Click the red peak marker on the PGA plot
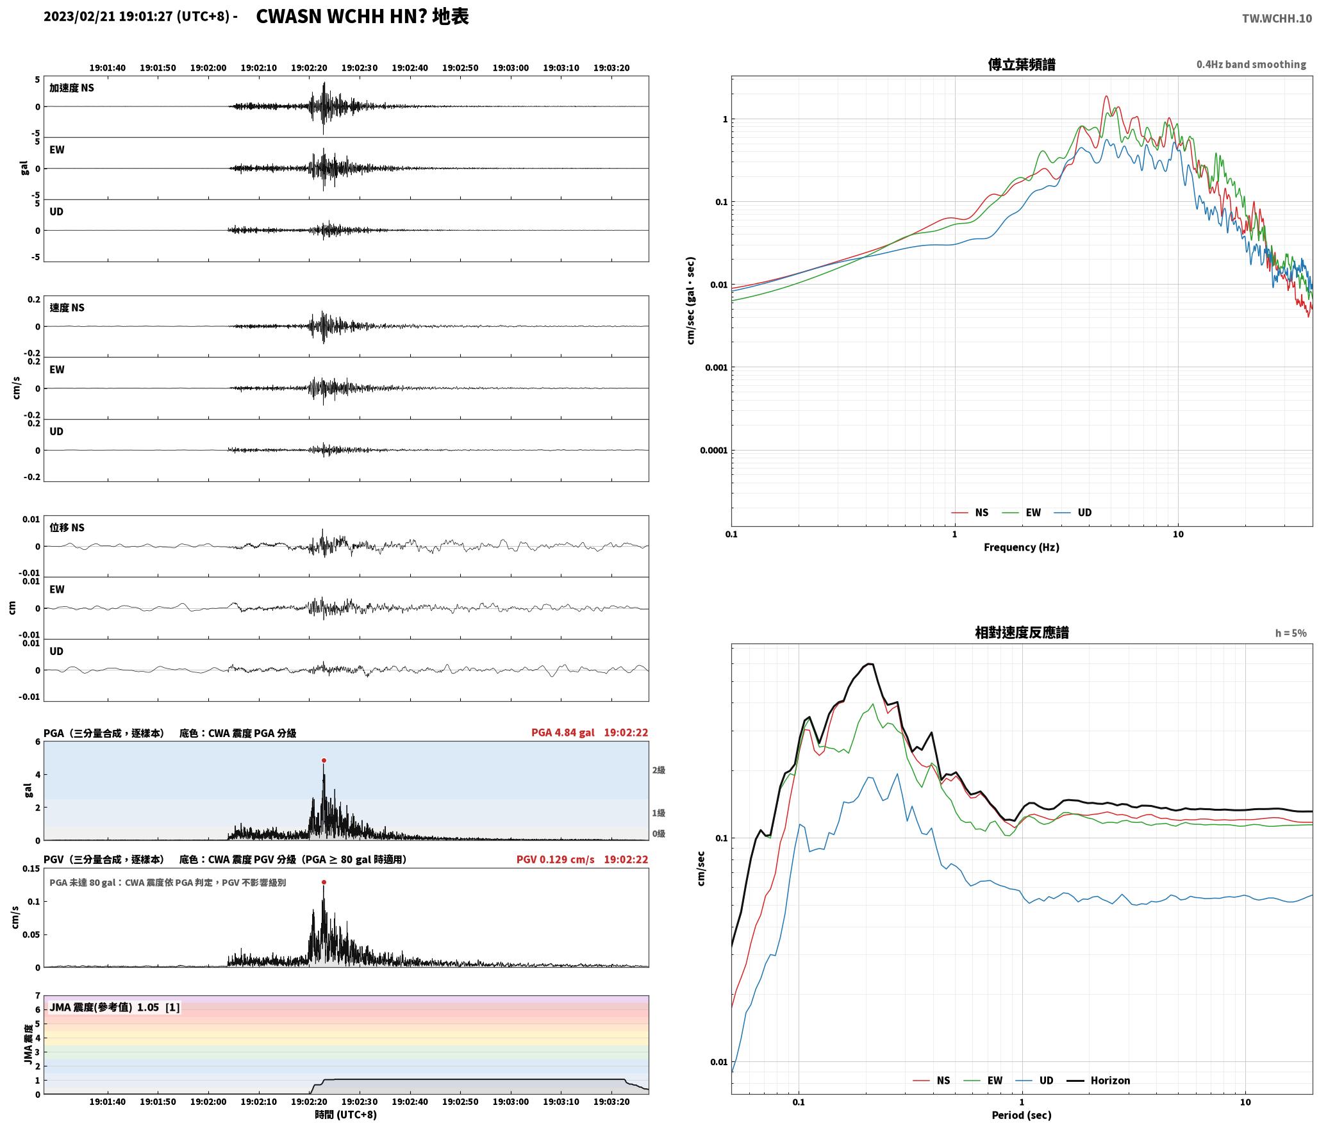click(324, 760)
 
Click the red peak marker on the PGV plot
click(324, 882)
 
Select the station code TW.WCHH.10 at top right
click(1277, 19)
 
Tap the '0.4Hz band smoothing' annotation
click(1251, 64)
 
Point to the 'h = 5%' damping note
click(1291, 633)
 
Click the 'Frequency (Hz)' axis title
click(1022, 547)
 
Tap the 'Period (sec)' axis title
click(1022, 1115)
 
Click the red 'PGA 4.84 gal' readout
click(563, 733)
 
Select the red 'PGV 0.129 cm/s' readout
click(556, 859)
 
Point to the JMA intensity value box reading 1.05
click(115, 1007)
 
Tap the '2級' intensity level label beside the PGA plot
click(658, 770)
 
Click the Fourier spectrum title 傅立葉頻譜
click(1022, 65)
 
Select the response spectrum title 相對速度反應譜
click(1022, 633)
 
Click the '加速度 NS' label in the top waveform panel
click(72, 88)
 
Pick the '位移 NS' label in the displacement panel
click(67, 527)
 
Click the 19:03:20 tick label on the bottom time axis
click(611, 1102)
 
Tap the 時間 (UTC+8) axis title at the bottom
click(345, 1115)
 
